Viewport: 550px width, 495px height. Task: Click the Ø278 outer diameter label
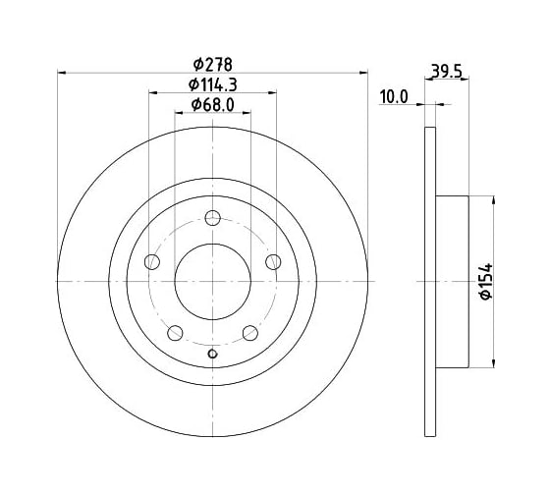[213, 65]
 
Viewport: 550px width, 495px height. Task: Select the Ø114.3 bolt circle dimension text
[213, 84]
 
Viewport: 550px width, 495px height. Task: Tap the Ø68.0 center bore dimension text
[213, 104]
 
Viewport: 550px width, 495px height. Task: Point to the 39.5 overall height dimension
[446, 72]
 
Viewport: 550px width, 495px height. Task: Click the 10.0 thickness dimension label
[394, 97]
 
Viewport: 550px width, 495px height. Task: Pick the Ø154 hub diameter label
[486, 282]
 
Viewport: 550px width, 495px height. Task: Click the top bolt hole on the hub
[212, 218]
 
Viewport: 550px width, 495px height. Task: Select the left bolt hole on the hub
[152, 262]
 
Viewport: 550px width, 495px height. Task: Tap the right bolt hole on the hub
[273, 262]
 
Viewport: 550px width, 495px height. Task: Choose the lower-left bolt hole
[176, 333]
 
